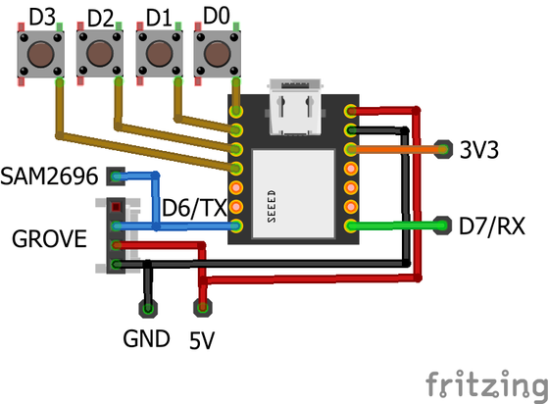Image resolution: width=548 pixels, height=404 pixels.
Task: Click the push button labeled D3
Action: click(40, 54)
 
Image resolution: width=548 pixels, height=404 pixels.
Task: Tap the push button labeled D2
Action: click(100, 54)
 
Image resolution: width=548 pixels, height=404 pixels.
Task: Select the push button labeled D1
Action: click(160, 54)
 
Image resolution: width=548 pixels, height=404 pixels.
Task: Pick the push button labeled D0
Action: click(218, 54)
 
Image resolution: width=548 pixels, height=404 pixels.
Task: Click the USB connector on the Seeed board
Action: click(295, 107)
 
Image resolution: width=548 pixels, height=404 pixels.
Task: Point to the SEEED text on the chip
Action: click(272, 207)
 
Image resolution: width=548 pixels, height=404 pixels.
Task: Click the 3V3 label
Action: click(478, 150)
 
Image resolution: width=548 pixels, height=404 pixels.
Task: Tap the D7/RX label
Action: click(492, 227)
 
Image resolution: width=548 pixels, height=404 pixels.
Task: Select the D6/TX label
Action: click(195, 208)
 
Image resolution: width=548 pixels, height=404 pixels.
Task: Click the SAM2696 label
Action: click(49, 176)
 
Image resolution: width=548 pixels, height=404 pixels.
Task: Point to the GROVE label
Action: click(49, 239)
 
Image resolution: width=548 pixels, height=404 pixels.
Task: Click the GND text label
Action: click(146, 338)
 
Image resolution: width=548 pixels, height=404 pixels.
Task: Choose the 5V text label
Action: click(202, 340)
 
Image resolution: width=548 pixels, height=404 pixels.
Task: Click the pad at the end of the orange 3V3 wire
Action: click(443, 150)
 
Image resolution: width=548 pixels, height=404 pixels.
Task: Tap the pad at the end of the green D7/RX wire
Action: click(442, 226)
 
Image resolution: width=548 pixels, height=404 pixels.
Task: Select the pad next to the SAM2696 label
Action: click(116, 177)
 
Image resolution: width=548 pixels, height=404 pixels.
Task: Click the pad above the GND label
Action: click(148, 309)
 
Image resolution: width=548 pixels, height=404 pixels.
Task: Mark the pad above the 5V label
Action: click(203, 308)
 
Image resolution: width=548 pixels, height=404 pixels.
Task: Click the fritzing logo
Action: click(486, 384)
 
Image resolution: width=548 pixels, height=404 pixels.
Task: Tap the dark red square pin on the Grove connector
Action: click(116, 207)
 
